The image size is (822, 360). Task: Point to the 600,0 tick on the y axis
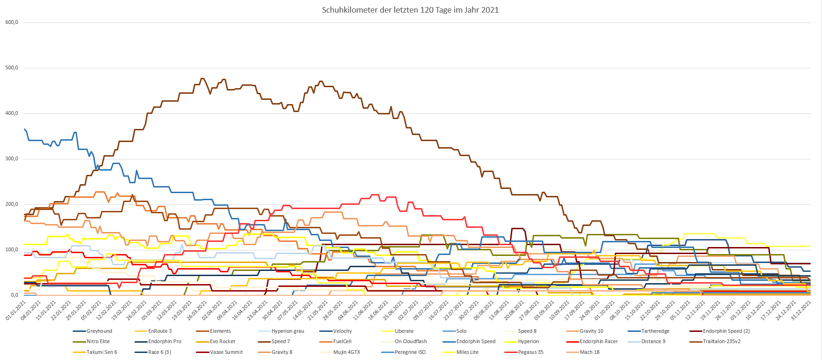[x=12, y=22]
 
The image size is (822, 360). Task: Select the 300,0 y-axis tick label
[x=12, y=158]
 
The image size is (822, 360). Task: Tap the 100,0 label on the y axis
[x=12, y=249]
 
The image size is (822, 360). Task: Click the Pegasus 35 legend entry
[x=531, y=352]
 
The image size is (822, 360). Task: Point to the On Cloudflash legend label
[x=411, y=341]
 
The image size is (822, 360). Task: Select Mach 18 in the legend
[x=590, y=352]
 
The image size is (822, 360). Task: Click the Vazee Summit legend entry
[x=226, y=352]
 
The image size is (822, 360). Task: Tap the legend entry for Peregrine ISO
[x=410, y=352]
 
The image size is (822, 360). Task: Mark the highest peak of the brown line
[x=202, y=79]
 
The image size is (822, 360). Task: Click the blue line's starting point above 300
[x=24, y=129]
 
